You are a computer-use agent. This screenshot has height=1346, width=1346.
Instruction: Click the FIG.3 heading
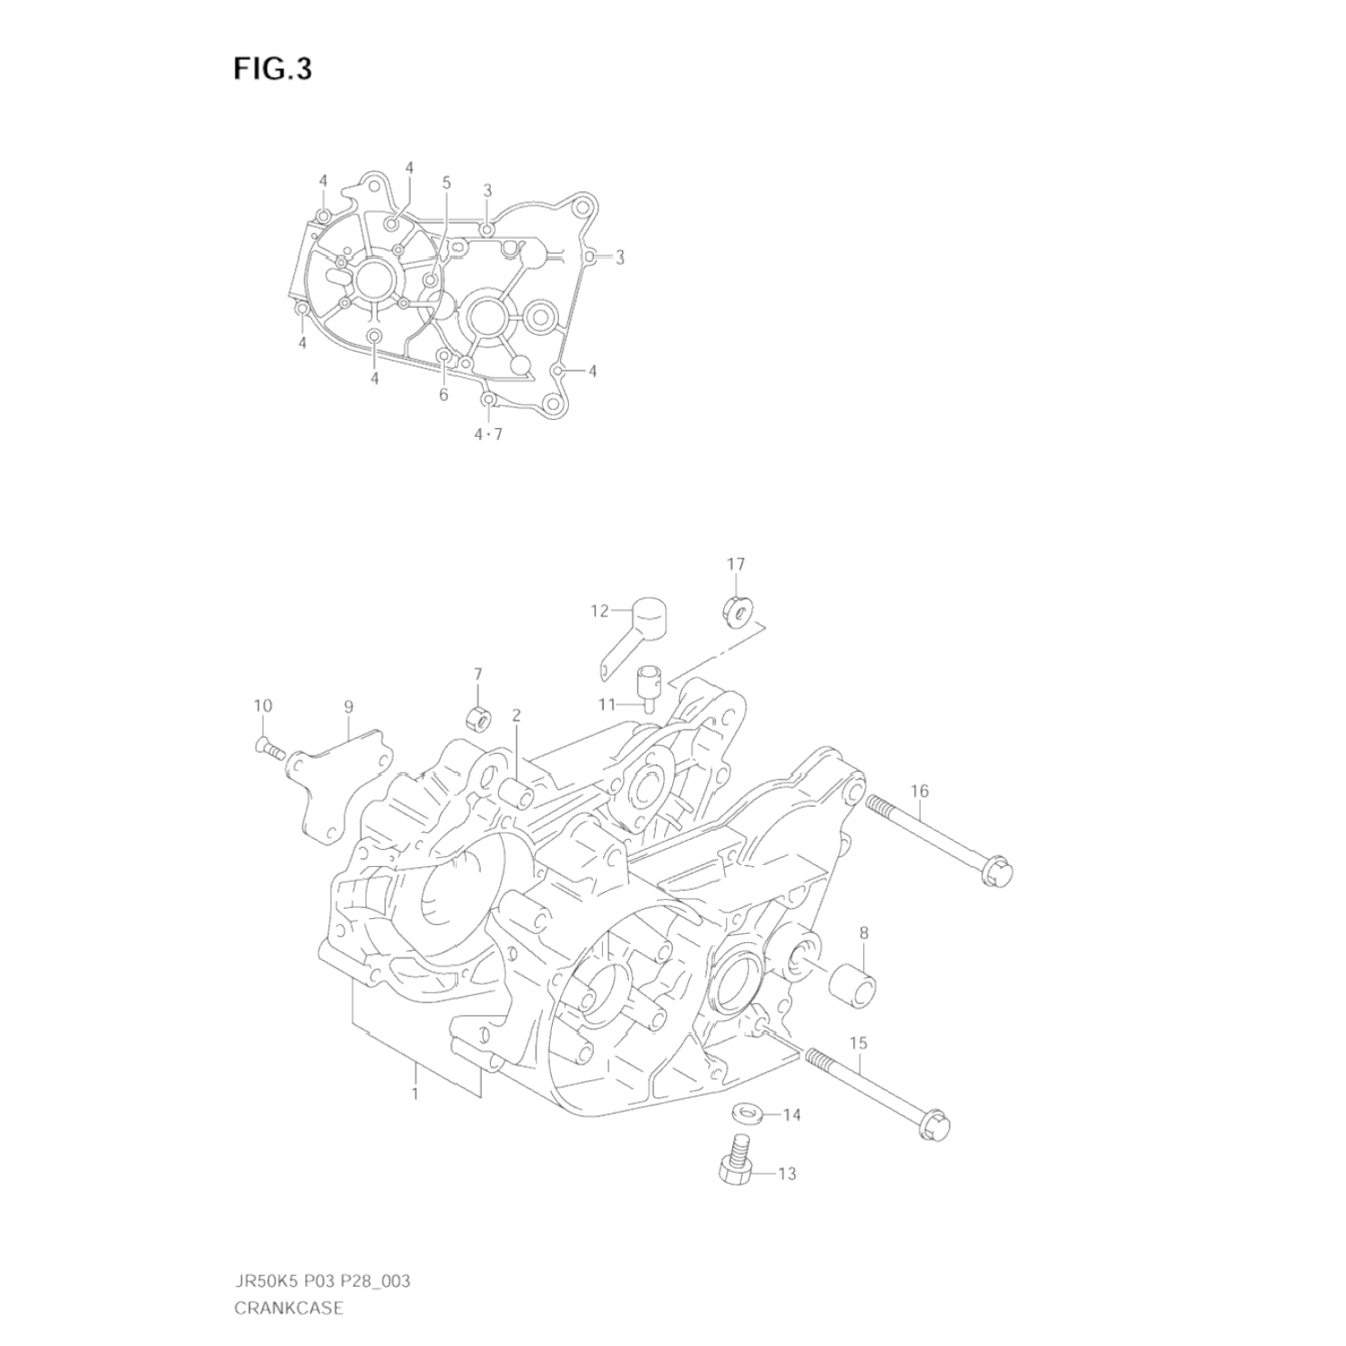coord(273,69)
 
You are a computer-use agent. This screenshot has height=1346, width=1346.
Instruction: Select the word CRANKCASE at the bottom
coord(288,1307)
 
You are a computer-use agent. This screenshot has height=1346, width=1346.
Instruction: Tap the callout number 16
coord(919,791)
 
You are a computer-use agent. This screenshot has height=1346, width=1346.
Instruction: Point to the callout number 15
coord(858,1043)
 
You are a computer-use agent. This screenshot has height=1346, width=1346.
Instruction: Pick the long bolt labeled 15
coord(878,1093)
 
